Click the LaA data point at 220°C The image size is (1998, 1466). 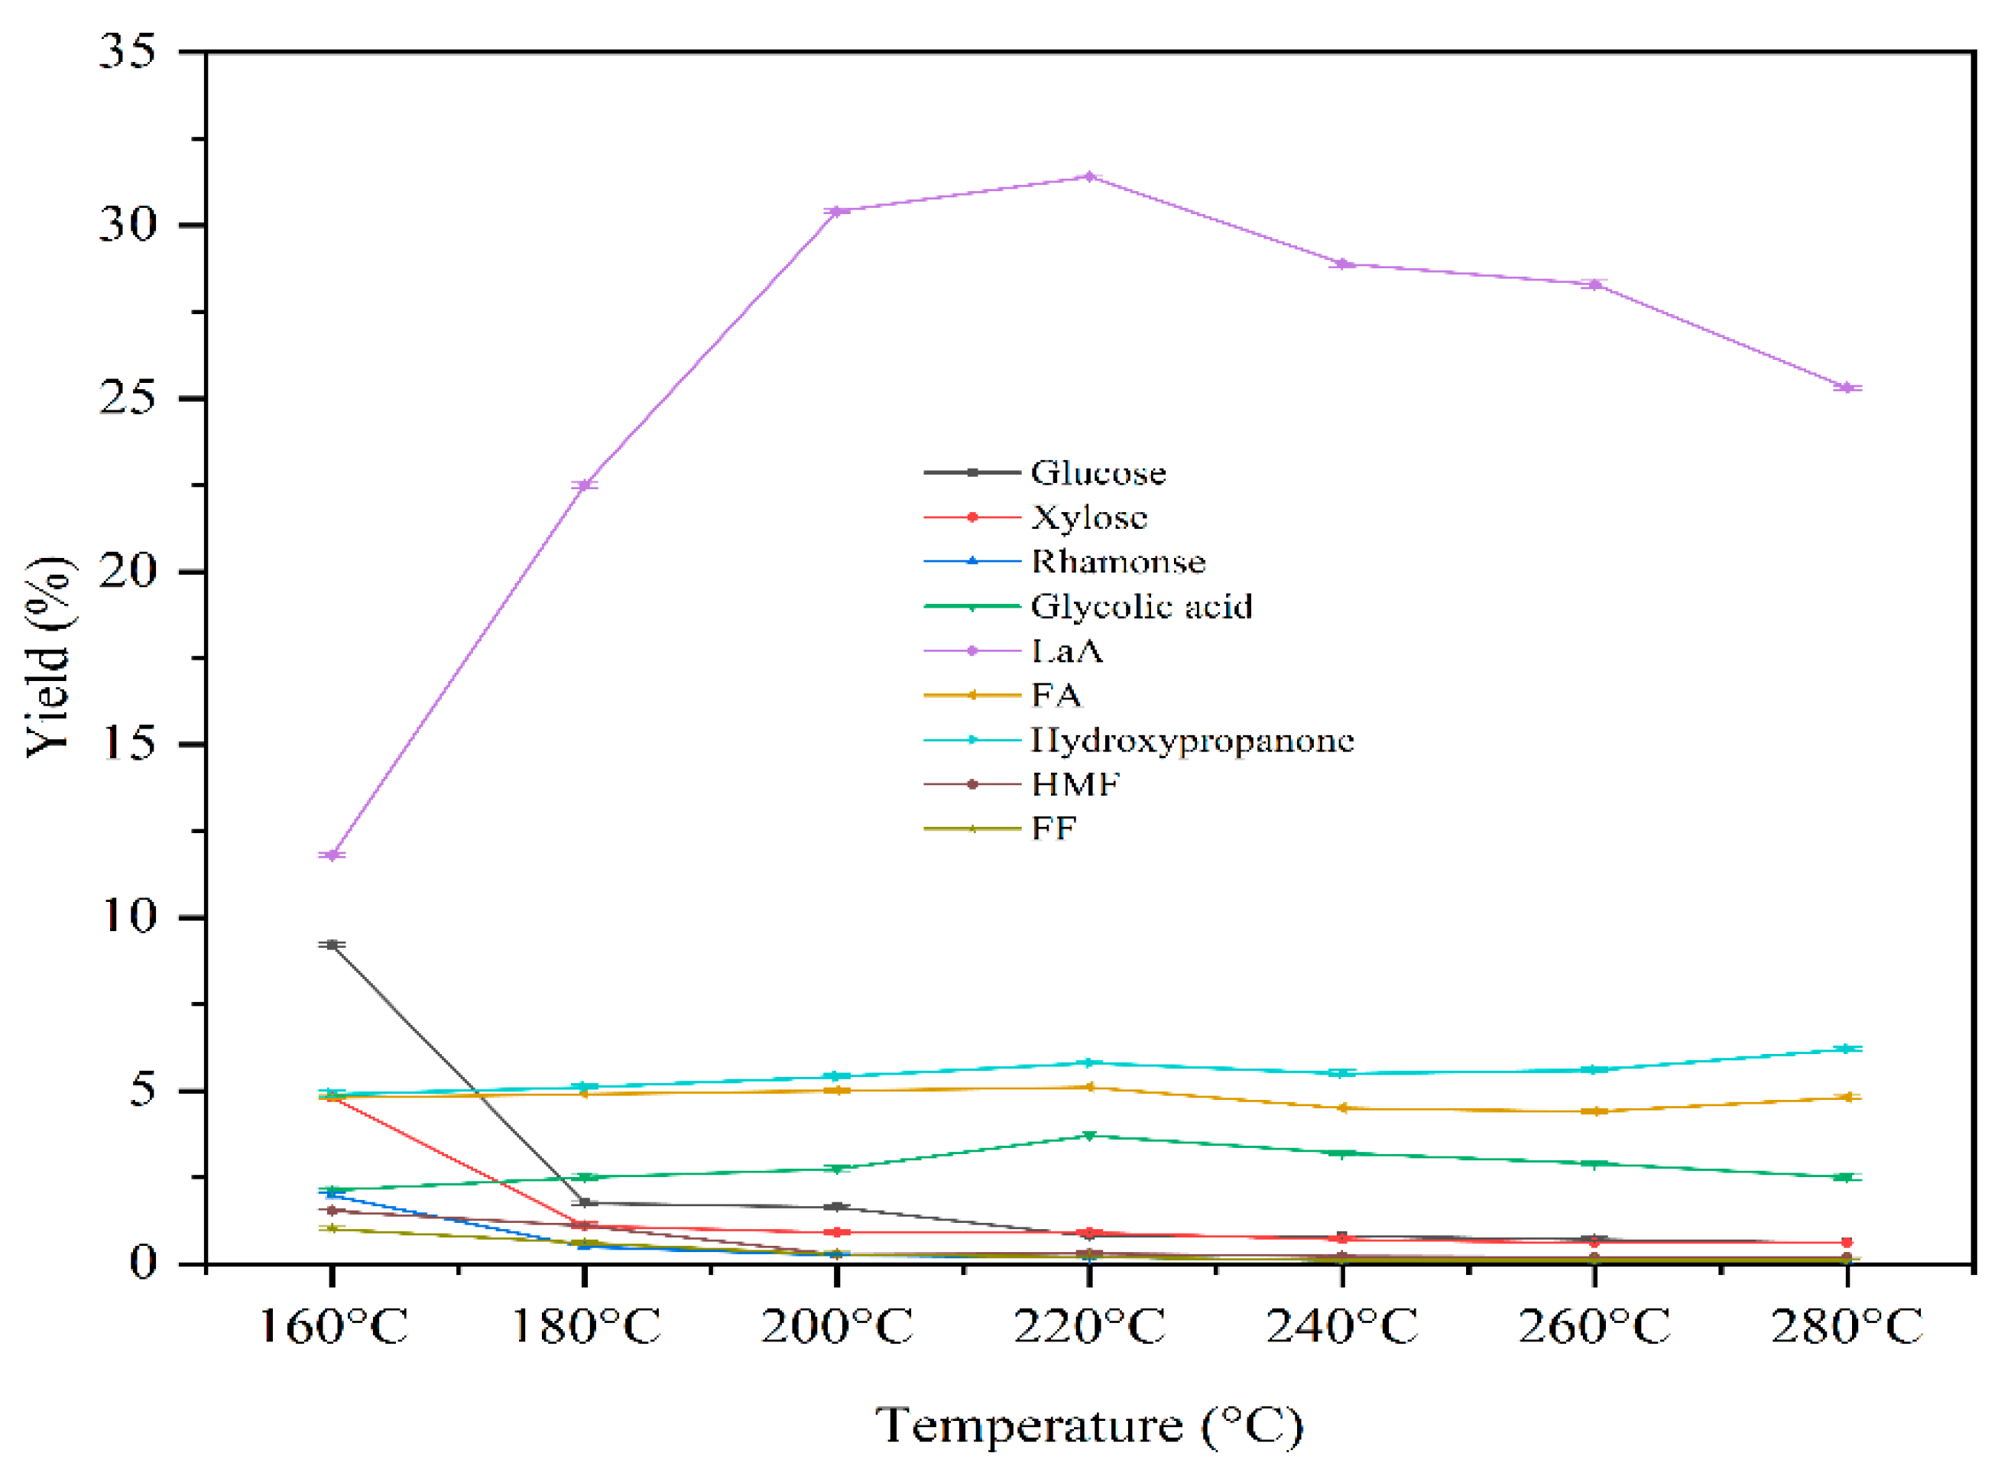tap(1088, 177)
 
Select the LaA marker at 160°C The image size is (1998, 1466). tap(332, 855)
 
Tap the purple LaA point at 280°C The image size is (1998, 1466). tap(1847, 388)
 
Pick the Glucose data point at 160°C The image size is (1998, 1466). tap(332, 944)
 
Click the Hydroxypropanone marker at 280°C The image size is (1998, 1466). tap(1847, 1049)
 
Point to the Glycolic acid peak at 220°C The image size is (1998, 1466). tap(1088, 1136)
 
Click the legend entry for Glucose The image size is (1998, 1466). tap(1098, 473)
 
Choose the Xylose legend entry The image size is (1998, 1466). tap(1088, 517)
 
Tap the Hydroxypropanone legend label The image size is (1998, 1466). tap(1192, 740)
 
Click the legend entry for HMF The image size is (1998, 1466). tap(1075, 784)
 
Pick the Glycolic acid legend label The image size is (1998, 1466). tap(1141, 607)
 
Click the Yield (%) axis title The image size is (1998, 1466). tap(49, 657)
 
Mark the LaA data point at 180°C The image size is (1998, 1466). tap(585, 485)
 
